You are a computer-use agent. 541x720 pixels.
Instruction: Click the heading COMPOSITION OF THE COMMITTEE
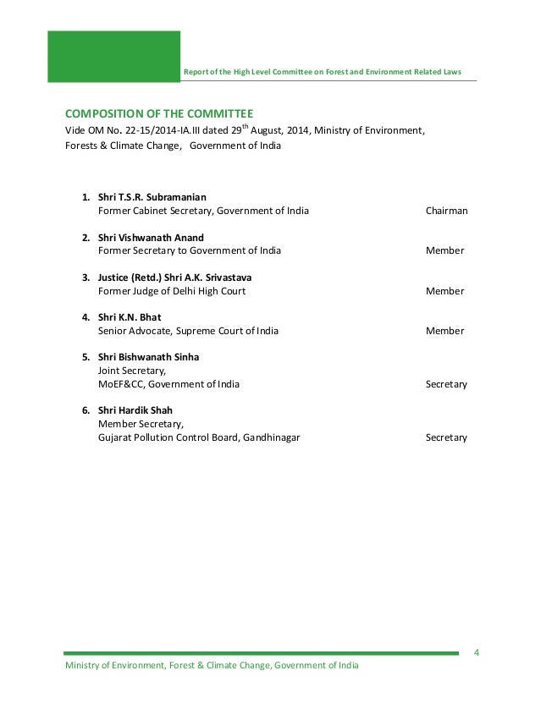point(159,113)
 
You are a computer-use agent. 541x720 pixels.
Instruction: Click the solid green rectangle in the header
point(114,57)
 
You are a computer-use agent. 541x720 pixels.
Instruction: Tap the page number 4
point(477,652)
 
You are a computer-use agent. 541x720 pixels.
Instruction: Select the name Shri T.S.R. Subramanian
point(152,197)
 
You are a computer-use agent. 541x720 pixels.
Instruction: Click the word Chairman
point(446,211)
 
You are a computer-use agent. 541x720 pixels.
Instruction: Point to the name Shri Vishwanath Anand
point(151,237)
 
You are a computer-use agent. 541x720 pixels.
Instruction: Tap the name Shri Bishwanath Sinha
point(148,357)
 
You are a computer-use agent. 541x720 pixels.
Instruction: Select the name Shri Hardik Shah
point(138,410)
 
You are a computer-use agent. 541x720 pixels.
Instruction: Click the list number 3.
point(86,277)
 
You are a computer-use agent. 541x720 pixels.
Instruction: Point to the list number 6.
point(86,410)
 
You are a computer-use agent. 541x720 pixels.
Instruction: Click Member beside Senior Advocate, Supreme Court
point(444,331)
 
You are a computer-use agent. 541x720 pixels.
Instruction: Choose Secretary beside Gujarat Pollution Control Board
point(446,437)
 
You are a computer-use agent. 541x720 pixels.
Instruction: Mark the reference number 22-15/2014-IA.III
point(161,131)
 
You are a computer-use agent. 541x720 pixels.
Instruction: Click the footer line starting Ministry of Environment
point(212,666)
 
